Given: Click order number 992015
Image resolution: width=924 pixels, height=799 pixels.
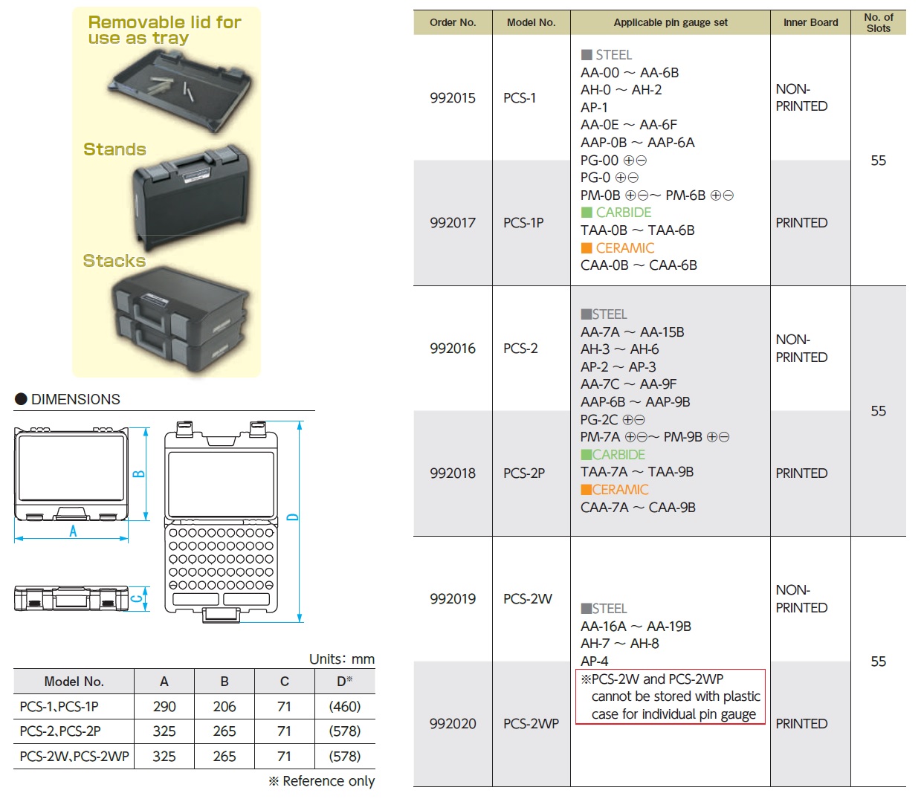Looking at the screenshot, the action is (x=453, y=97).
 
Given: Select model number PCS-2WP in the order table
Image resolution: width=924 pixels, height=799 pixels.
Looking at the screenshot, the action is (x=531, y=723).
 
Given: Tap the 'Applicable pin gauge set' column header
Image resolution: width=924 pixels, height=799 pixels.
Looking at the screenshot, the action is (x=670, y=22).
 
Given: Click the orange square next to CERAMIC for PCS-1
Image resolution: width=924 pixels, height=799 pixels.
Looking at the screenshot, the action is (x=586, y=248).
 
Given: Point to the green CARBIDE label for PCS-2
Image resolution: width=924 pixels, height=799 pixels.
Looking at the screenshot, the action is (x=613, y=454).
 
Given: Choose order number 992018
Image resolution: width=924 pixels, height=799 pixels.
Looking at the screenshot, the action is (x=453, y=473).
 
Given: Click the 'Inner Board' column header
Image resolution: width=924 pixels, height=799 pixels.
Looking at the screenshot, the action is (x=810, y=22).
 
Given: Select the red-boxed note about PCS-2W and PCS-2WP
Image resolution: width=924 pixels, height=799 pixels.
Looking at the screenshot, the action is (x=671, y=696).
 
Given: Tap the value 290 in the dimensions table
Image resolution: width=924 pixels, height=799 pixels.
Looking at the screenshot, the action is (x=164, y=706).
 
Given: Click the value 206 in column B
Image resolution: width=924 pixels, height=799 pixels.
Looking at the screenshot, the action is (x=224, y=706).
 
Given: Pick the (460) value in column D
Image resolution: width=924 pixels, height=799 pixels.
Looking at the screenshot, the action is (x=345, y=706).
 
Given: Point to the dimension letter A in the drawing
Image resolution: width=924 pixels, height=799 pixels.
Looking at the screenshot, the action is (x=73, y=531).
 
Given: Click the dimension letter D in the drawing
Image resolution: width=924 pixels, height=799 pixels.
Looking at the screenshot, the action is (x=292, y=517).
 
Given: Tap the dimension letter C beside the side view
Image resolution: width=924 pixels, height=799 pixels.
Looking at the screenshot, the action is (x=138, y=599).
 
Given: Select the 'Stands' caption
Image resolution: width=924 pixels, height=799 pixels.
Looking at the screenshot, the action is (x=114, y=149).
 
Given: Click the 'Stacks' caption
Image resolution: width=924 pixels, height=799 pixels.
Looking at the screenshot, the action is (x=114, y=261).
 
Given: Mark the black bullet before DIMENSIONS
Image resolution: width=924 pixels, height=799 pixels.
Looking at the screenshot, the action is (x=21, y=398).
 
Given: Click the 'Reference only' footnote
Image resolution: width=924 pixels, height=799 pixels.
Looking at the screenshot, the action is (x=321, y=780).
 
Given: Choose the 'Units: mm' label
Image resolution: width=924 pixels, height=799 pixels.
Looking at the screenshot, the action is (x=342, y=659).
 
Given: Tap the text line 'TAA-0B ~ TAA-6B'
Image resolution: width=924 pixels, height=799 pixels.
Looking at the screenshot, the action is (x=638, y=230).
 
